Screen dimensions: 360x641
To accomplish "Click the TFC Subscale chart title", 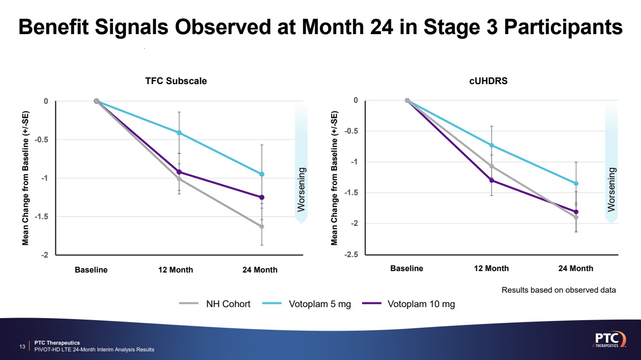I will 176,81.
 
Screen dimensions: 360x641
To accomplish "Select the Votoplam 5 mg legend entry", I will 320,304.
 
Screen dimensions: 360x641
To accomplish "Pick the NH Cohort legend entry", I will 228,304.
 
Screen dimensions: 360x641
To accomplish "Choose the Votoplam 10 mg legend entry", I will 421,304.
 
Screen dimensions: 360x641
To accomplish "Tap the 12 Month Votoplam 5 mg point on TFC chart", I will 179,133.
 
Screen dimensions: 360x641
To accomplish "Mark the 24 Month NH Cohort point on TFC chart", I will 262,226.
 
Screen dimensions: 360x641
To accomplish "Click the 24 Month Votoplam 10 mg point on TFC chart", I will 262,197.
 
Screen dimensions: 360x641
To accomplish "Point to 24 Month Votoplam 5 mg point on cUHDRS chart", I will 576,184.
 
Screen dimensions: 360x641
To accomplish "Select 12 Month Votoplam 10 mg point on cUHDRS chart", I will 491,180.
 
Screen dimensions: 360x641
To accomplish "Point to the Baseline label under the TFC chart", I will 91,270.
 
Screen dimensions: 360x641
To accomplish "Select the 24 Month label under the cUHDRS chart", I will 576,269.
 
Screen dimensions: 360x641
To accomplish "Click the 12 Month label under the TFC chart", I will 176,270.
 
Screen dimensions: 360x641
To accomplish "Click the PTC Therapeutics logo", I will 609,339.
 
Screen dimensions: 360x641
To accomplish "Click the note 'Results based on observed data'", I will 559,290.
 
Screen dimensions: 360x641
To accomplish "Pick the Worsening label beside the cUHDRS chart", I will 612,189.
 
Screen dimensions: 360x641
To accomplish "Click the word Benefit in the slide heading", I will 54,27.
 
